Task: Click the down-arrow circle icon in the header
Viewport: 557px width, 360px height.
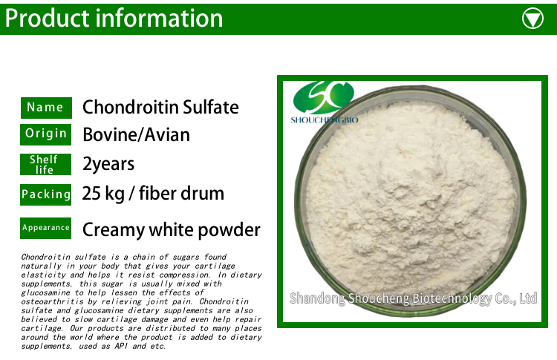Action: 533,18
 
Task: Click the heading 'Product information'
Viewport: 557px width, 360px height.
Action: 114,18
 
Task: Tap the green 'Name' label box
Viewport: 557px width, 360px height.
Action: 46,108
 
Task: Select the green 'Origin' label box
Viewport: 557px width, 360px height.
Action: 46,134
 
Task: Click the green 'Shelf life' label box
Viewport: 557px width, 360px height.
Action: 46,164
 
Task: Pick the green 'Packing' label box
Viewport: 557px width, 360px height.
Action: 46,194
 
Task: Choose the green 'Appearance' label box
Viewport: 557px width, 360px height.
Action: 46,228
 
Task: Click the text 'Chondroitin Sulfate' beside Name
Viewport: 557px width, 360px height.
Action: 160,108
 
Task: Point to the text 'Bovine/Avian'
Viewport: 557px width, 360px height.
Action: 136,135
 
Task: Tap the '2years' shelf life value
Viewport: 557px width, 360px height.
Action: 108,164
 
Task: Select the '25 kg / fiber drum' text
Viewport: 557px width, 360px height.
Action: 153,194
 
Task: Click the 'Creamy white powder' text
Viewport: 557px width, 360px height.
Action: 172,229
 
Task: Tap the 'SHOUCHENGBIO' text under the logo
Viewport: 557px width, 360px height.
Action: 324,119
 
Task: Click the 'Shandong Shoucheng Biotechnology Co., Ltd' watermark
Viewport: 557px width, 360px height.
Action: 413,298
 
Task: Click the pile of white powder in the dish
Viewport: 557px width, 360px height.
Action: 412,193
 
